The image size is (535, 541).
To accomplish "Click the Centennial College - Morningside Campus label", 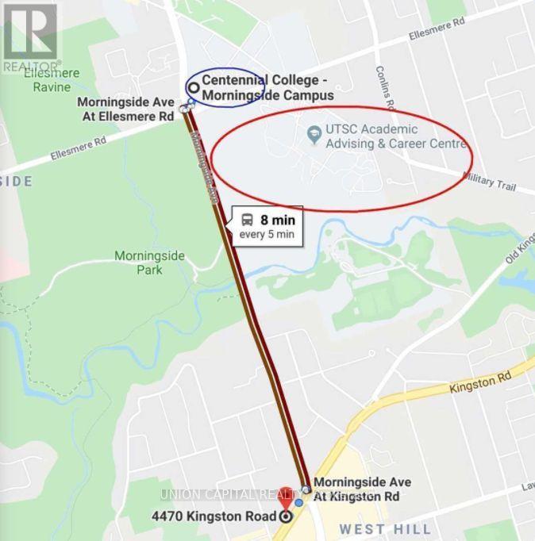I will point(267,87).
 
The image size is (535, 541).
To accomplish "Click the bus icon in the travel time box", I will point(247,219).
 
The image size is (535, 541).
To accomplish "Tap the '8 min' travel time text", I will point(278,219).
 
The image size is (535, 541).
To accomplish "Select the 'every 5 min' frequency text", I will point(267,234).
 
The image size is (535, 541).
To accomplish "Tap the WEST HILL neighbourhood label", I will point(385,529).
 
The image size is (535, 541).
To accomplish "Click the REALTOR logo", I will point(30,36).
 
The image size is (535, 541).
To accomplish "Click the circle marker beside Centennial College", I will point(193,87).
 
